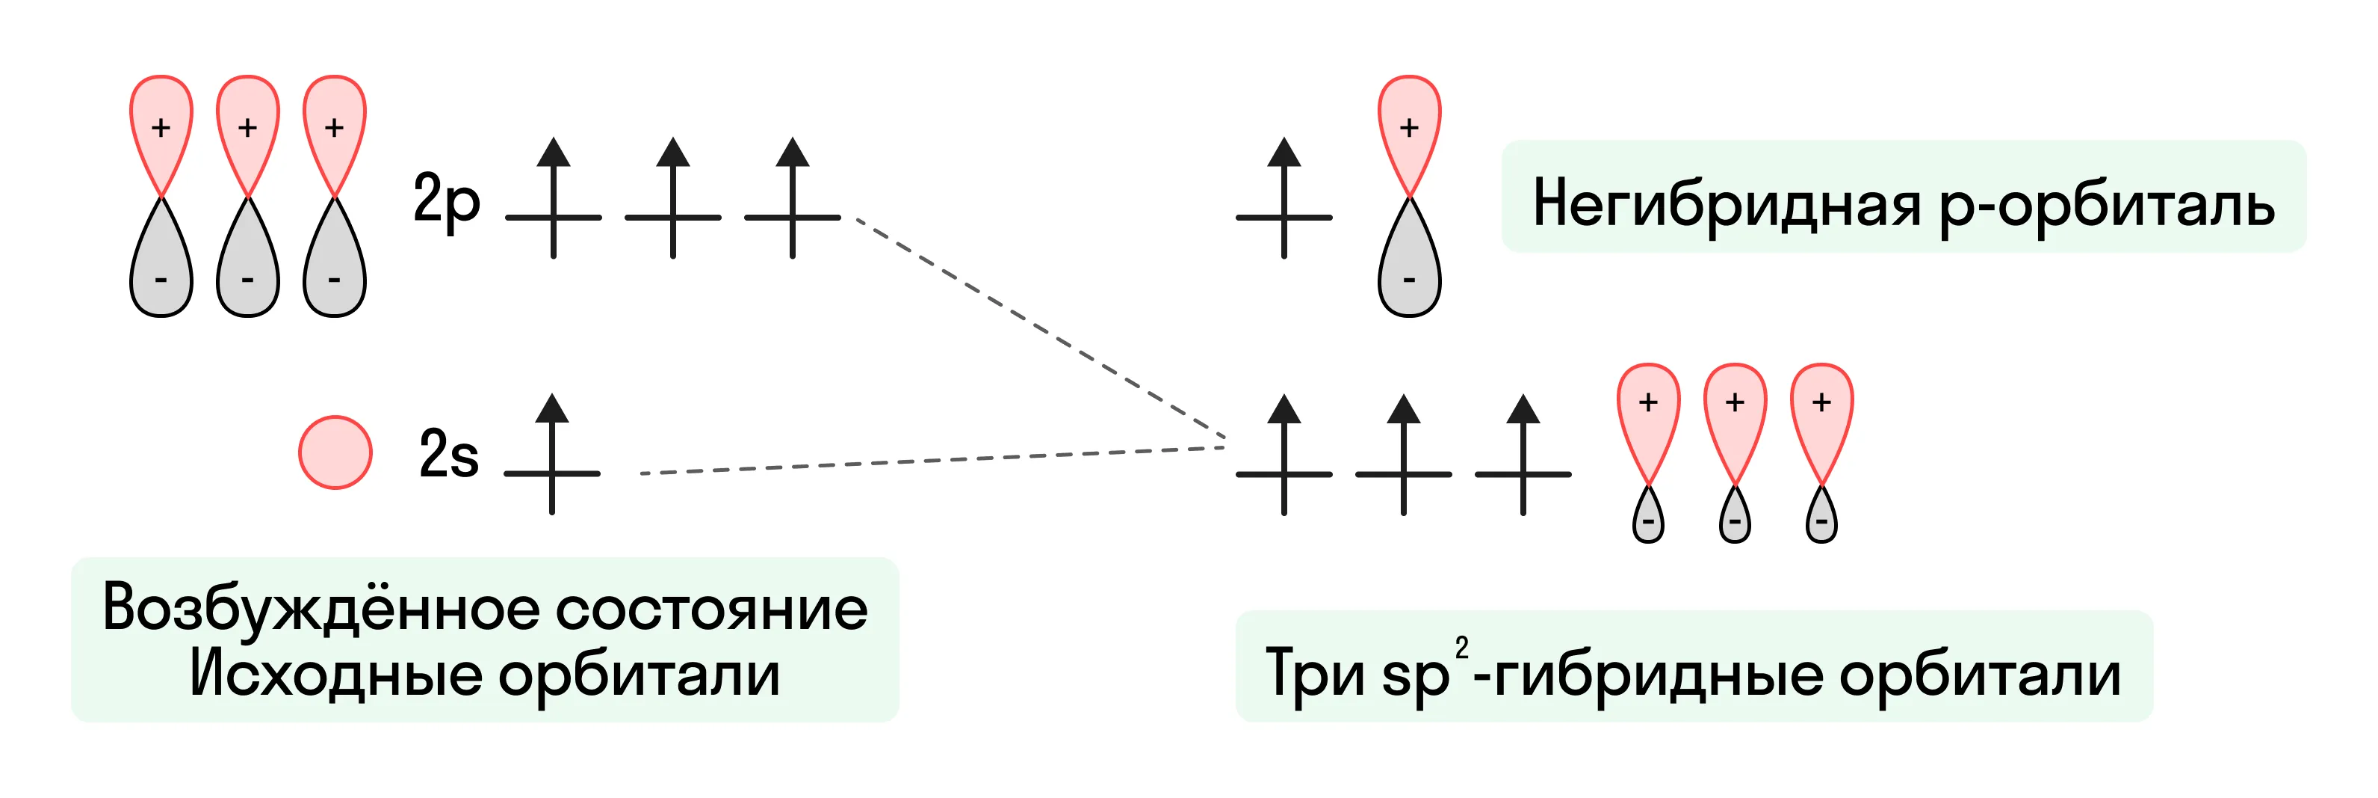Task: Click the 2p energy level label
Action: [x=447, y=200]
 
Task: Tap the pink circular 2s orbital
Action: [x=335, y=452]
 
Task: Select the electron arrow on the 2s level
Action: [x=552, y=453]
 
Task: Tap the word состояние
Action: [x=712, y=610]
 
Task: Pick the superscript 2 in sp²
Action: [x=1461, y=648]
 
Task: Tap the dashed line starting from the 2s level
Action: [x=932, y=460]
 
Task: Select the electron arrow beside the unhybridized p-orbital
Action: [x=1284, y=197]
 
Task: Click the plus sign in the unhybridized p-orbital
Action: [x=1409, y=127]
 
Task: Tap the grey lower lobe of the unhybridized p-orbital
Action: [x=1409, y=263]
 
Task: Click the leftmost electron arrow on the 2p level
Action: [x=553, y=197]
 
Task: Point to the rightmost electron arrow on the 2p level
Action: [x=792, y=197]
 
